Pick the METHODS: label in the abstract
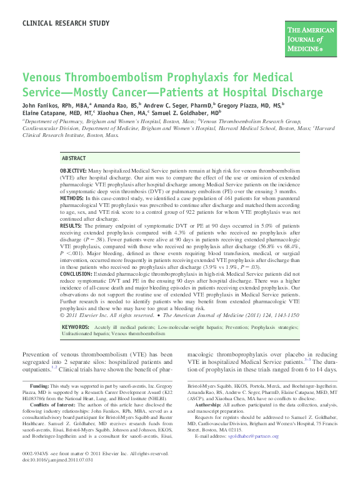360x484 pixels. (72, 198)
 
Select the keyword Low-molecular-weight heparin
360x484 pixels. (187, 327)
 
